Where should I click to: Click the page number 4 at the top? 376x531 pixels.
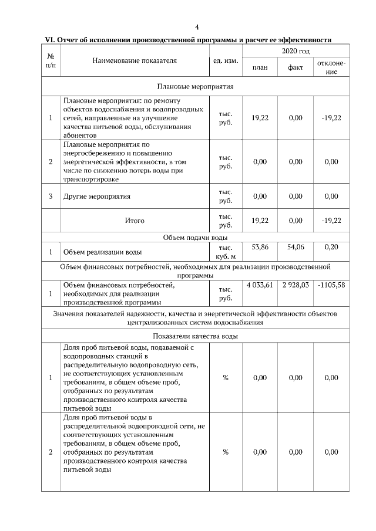[x=197, y=27]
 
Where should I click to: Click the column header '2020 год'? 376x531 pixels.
[x=296, y=52]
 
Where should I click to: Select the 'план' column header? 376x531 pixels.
[x=260, y=67]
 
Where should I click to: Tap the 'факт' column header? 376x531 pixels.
[x=296, y=67]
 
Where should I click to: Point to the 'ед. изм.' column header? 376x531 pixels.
[x=224, y=60]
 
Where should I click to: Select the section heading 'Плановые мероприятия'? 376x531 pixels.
[x=195, y=86]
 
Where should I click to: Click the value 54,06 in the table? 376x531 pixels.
[x=296, y=248]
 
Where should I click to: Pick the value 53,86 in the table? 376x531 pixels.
[x=260, y=248]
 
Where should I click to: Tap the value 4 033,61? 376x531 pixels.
[x=260, y=285]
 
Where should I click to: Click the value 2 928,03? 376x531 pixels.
[x=296, y=285]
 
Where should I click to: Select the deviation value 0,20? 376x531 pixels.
[x=331, y=248]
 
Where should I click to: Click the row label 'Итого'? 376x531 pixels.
[x=135, y=221]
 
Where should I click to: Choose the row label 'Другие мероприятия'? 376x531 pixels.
[x=97, y=197]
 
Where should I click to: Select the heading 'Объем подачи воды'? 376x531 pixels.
[x=195, y=238]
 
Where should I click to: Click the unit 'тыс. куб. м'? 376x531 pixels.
[x=225, y=252]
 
